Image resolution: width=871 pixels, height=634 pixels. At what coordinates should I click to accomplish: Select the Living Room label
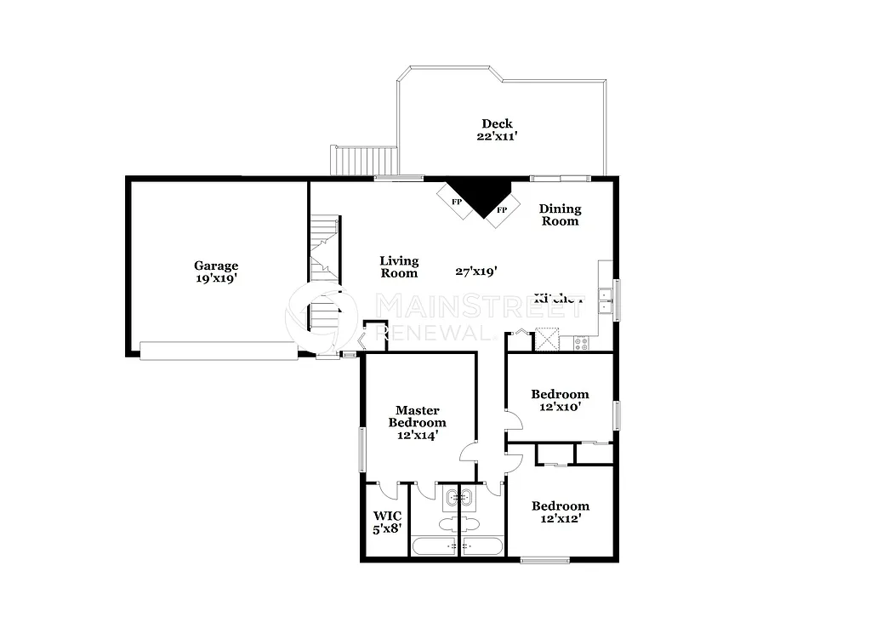click(x=399, y=267)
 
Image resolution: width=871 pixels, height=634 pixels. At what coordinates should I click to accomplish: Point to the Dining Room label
click(x=560, y=214)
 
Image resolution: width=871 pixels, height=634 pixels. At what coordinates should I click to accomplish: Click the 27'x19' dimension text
click(x=476, y=271)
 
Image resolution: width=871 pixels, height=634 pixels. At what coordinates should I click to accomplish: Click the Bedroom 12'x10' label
click(x=560, y=400)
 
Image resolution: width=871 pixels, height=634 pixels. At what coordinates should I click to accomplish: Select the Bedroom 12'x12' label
click(x=560, y=511)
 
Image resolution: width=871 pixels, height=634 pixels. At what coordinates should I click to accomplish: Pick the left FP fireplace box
click(x=457, y=202)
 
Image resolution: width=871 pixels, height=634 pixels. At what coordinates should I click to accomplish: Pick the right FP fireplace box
click(x=502, y=208)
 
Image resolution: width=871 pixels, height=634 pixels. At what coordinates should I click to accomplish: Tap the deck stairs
click(x=364, y=159)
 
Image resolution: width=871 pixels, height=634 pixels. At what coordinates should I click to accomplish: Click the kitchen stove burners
click(x=582, y=343)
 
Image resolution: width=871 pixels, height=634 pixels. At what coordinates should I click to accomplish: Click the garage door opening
click(x=219, y=351)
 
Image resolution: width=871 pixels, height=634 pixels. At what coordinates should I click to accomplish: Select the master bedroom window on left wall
click(x=361, y=448)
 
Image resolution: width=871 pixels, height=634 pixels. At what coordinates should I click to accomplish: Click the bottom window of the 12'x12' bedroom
click(x=544, y=559)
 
